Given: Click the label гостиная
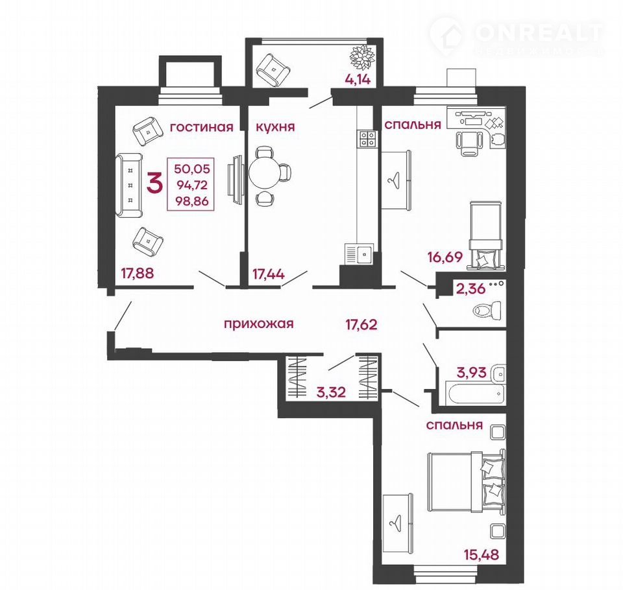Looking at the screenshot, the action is pyautogui.click(x=201, y=127).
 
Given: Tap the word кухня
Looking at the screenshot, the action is pyautogui.click(x=275, y=127).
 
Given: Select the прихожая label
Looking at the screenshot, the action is pyautogui.click(x=259, y=324).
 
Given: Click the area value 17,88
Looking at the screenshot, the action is pyautogui.click(x=138, y=273).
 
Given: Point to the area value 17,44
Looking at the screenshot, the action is pyautogui.click(x=269, y=274).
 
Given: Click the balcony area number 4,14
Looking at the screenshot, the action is pyautogui.click(x=358, y=79).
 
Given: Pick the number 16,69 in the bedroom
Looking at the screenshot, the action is pyautogui.click(x=445, y=257).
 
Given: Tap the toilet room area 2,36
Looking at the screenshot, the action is pyautogui.click(x=471, y=289).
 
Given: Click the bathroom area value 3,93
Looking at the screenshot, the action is pyautogui.click(x=472, y=372).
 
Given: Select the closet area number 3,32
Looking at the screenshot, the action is pyautogui.click(x=331, y=392).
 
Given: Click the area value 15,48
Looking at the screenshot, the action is pyautogui.click(x=481, y=554).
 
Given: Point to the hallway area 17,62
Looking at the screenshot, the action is pyautogui.click(x=361, y=325).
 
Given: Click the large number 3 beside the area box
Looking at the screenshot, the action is pyautogui.click(x=154, y=184).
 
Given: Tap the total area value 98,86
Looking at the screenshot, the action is pyautogui.click(x=191, y=201).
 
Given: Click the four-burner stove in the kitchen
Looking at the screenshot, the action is pyautogui.click(x=367, y=139).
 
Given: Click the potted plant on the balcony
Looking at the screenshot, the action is pyautogui.click(x=362, y=57).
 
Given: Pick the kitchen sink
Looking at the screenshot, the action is pyautogui.click(x=359, y=254).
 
